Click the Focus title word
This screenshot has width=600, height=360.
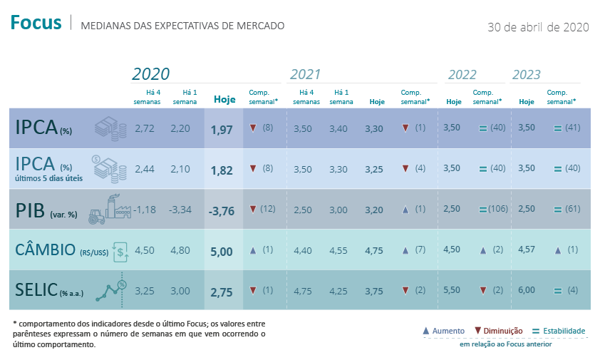coord(36,23)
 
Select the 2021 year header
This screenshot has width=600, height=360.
coord(305,74)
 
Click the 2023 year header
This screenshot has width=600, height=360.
coord(527,74)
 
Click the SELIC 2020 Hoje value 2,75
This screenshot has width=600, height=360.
coord(222,291)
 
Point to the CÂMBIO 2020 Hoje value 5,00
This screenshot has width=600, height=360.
coord(222,251)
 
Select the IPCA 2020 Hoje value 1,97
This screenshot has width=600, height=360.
coord(222,129)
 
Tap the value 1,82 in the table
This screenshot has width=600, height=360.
coord(222,170)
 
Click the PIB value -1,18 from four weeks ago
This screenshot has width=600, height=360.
coord(145,210)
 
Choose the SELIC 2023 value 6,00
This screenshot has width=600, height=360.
coord(527,290)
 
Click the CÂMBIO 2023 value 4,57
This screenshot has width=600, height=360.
coord(527,250)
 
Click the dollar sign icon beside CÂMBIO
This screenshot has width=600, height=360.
coord(121,250)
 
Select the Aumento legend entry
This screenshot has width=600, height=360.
coord(443,331)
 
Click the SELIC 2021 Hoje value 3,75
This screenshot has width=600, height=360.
coord(373,290)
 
